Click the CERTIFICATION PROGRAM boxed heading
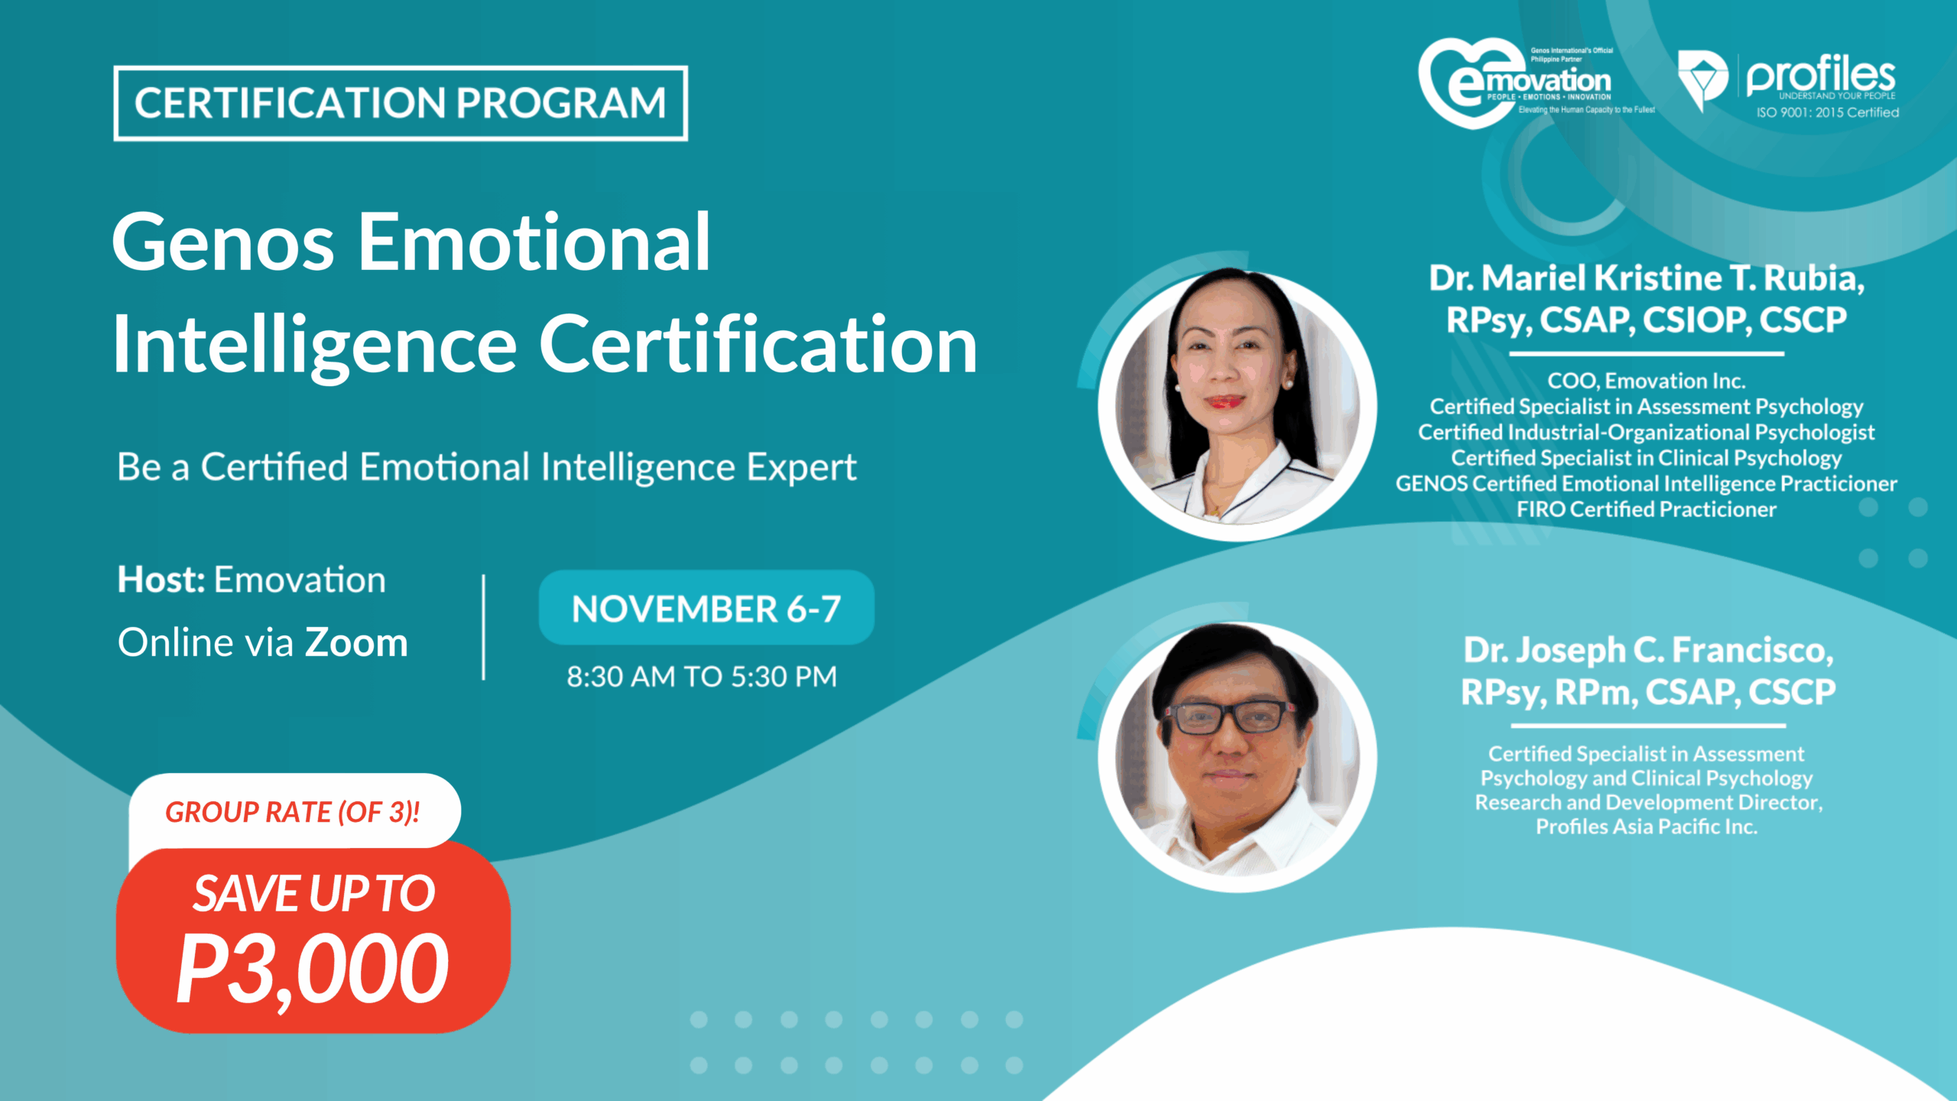click(x=401, y=103)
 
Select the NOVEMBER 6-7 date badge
click(x=706, y=609)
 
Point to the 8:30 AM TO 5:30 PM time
click(x=702, y=677)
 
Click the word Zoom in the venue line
click(x=356, y=642)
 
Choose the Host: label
click(x=161, y=580)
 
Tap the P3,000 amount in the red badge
click(x=312, y=969)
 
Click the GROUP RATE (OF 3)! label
click(x=293, y=812)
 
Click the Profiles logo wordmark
click(x=1820, y=76)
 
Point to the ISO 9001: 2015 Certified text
click(x=1827, y=112)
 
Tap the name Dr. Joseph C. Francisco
click(x=1648, y=650)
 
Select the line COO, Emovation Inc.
click(x=1646, y=381)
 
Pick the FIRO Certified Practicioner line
click(x=1646, y=509)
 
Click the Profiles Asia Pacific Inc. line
click(x=1647, y=827)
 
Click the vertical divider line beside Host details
click(x=484, y=627)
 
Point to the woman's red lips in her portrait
click(x=1224, y=401)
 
